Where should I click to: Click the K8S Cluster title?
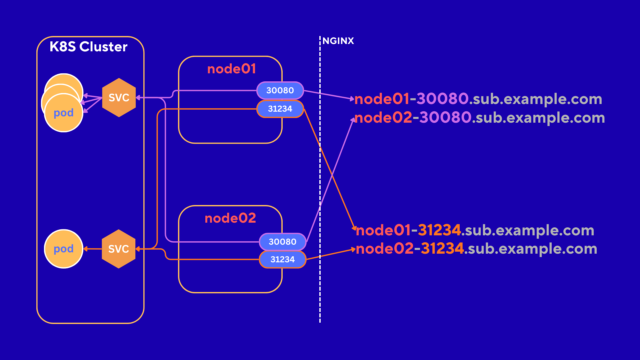pos(88,47)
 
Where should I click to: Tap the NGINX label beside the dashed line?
pos(338,41)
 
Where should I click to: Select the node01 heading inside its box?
pos(231,69)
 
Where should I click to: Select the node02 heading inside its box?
pos(230,218)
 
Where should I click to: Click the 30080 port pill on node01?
pos(280,90)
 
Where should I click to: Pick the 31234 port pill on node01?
pos(280,109)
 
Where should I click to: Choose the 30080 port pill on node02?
pos(282,242)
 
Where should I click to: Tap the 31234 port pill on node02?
pos(282,259)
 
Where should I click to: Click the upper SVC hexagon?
pos(119,98)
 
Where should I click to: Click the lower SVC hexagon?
pos(119,249)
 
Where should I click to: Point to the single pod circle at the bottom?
pos(64,249)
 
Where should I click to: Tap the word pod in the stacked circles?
pos(64,113)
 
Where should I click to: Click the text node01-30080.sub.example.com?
pos(478,99)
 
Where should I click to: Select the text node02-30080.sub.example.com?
pos(479,118)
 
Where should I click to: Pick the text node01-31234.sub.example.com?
pos(475,230)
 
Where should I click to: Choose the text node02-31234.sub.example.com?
pos(476,249)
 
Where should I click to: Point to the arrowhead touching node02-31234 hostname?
pos(353,249)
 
